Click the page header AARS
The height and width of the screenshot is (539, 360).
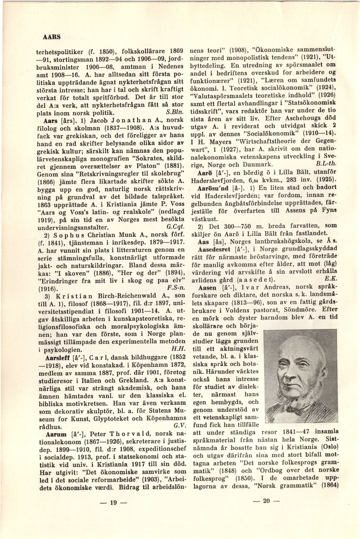(x=51, y=36)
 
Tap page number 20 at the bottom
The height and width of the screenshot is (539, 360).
(x=266, y=501)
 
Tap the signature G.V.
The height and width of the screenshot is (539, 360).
(x=178, y=426)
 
